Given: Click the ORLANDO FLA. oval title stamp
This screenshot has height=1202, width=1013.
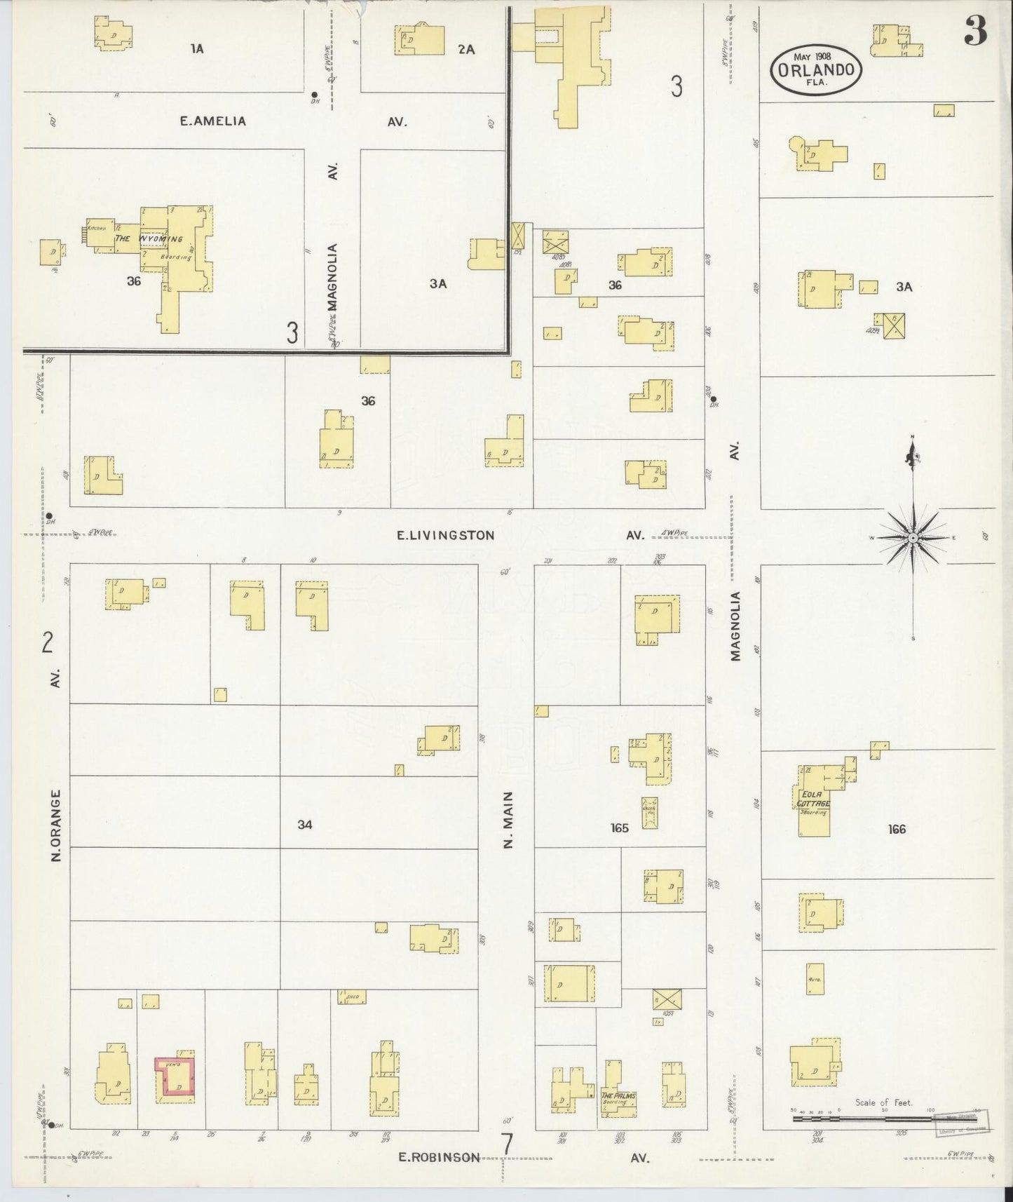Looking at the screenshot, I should pos(816,69).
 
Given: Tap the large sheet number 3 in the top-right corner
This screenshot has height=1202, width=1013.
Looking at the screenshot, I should pos(975,29).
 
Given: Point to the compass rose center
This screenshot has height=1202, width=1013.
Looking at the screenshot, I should pos(913,538).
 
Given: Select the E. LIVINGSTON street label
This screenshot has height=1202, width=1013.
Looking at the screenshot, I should pos(445,535).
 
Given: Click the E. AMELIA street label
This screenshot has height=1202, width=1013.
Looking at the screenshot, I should pos(213,121).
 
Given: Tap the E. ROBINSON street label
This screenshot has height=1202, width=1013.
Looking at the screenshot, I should pos(439,1157).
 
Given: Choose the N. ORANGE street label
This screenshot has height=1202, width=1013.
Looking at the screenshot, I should pos(56,825).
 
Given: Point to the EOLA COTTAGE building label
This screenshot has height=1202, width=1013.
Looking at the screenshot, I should pos(814,799).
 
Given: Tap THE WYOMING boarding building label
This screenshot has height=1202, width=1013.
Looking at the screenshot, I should pos(149,239).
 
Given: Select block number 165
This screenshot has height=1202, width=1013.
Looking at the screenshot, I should pos(619,828).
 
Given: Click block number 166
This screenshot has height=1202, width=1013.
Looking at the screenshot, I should pos(897,829).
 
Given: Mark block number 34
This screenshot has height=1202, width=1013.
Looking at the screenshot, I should pos(304,825).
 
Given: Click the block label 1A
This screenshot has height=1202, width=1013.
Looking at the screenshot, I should pos(197,48).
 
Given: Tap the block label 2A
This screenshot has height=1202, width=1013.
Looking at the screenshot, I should pos(466,49).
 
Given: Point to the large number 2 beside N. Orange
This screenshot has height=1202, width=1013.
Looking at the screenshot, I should pos(48,642).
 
